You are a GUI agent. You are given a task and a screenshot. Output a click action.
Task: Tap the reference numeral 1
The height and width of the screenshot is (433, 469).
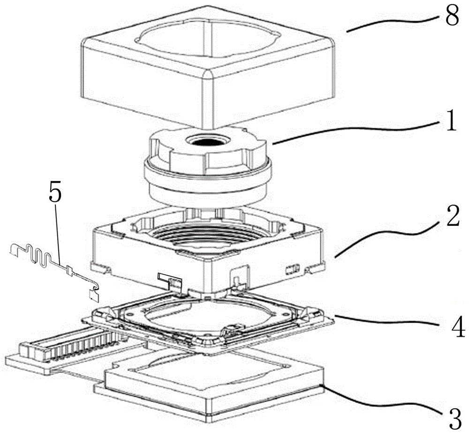point(450,121)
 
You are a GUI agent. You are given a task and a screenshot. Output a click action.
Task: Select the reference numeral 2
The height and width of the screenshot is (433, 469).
point(452,216)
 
